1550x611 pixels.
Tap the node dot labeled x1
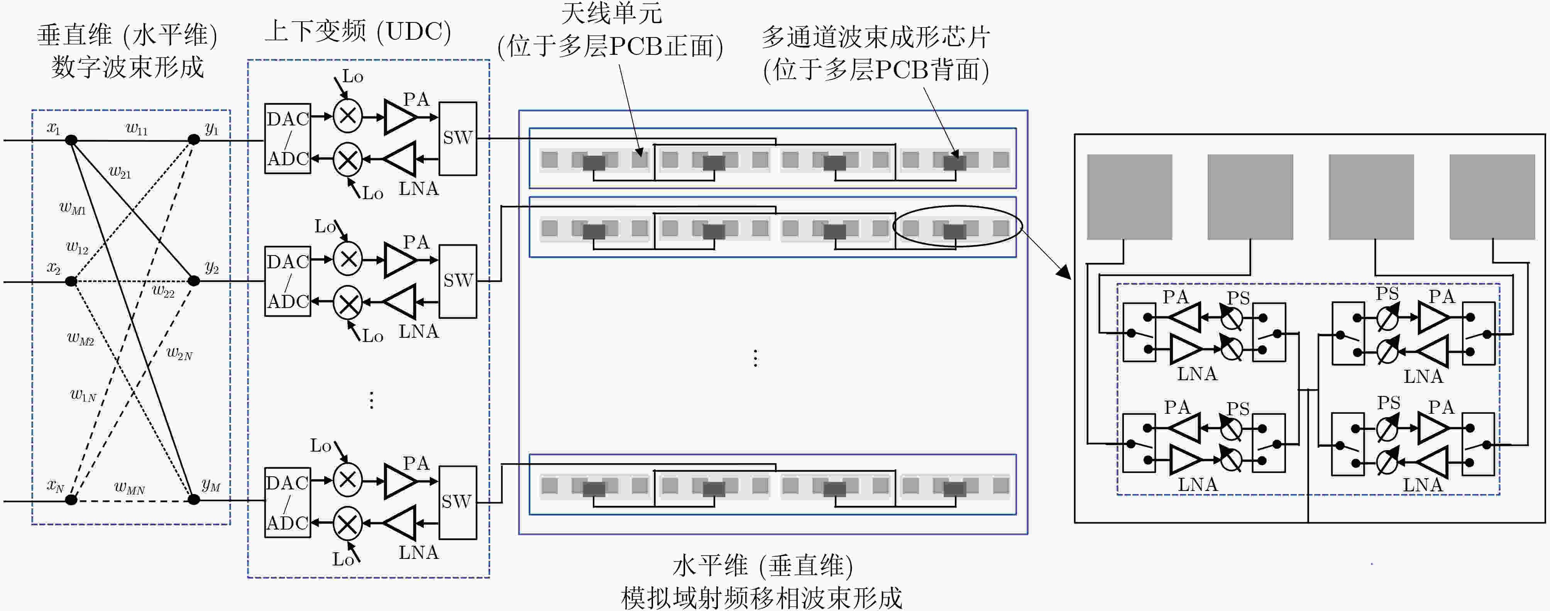click(x=71, y=140)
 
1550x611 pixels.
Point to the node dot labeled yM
click(x=194, y=499)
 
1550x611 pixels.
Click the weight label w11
click(x=137, y=128)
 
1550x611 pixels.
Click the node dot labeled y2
click(x=194, y=281)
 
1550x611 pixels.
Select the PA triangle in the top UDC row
click(x=400, y=117)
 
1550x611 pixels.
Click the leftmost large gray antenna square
click(x=1129, y=197)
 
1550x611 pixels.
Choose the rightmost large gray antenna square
click(x=1492, y=197)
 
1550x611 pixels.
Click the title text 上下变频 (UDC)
click(x=358, y=31)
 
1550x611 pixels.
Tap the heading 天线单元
click(x=611, y=13)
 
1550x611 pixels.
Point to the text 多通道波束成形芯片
click(x=876, y=37)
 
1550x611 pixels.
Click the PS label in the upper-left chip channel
click(x=1238, y=297)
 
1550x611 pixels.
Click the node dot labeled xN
click(x=71, y=499)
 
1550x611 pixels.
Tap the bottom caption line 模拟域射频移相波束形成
click(x=762, y=598)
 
